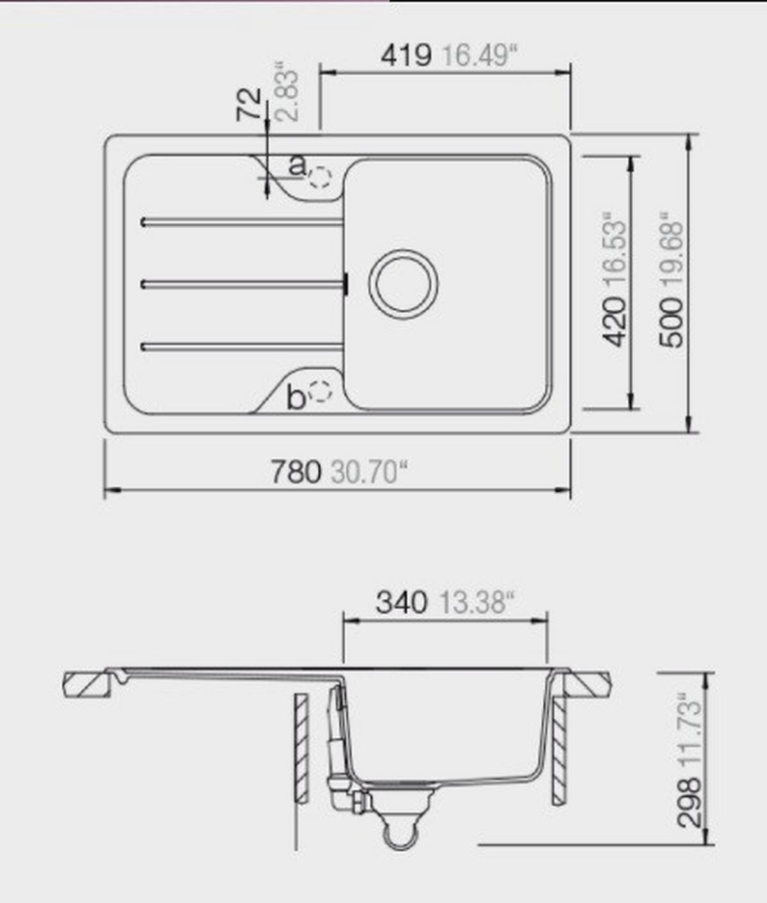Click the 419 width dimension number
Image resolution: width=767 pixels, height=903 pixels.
click(x=406, y=56)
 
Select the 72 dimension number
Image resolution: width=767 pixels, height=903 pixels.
click(x=249, y=104)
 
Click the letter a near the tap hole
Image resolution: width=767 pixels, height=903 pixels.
click(x=297, y=166)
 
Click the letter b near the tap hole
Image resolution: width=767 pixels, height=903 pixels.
click(x=295, y=398)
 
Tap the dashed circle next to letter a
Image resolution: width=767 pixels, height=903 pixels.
click(x=320, y=177)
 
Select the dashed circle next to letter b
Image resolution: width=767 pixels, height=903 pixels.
click(x=320, y=391)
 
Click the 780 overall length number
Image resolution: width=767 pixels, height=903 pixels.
click(x=295, y=473)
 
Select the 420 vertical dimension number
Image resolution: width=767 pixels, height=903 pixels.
click(x=616, y=321)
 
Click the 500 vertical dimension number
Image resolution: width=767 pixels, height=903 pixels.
click(x=671, y=322)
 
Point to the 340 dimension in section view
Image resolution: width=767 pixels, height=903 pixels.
click(x=401, y=602)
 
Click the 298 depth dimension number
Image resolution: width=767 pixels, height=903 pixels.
click(x=690, y=802)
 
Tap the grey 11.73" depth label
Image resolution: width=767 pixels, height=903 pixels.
click(x=690, y=729)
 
